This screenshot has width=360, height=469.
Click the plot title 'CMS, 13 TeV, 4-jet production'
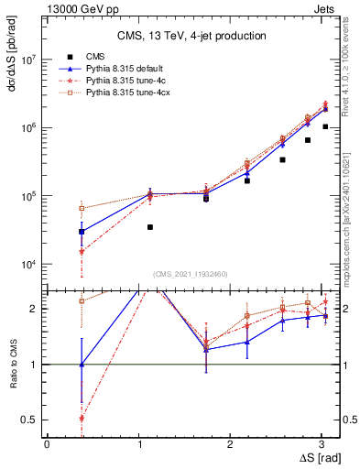tap(191, 36)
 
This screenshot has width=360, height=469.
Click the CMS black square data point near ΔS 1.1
tap(150, 226)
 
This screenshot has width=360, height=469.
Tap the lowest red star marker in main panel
tap(82, 252)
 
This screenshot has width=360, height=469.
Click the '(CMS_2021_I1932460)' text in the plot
tap(191, 274)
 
